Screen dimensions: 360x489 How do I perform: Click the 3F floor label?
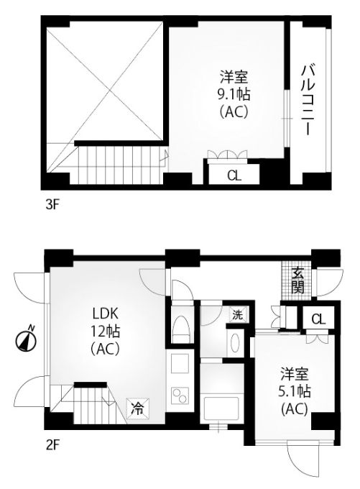[52, 205]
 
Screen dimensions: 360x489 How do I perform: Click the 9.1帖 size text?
[234, 94]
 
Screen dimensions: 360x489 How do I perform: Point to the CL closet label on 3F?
[234, 176]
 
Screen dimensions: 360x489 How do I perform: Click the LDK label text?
[106, 314]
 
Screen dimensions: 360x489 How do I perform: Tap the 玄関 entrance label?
[297, 280]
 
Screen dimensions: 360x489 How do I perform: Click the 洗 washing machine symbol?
[238, 315]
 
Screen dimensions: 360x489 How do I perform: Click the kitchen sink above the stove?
[180, 363]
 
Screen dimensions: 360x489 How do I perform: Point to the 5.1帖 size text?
[294, 391]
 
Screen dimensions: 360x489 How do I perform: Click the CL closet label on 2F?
[318, 319]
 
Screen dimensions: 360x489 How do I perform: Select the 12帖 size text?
[106, 332]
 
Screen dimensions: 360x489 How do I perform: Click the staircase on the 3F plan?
[119, 165]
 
